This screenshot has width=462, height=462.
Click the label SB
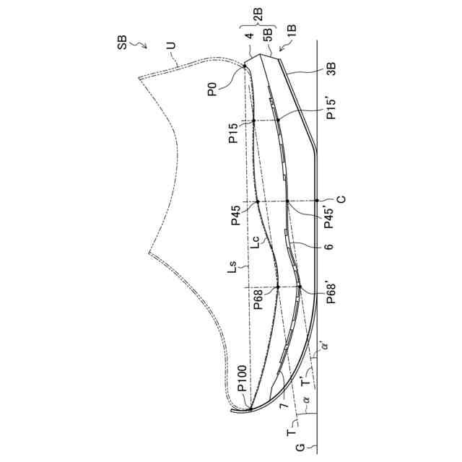pos(123,45)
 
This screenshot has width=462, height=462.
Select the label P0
pos(212,90)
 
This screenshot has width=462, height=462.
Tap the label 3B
pos(331,69)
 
